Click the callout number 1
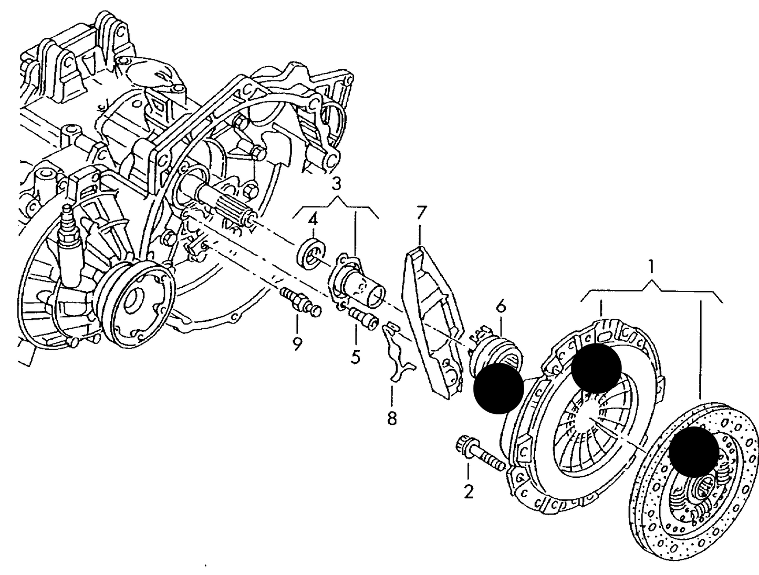[650, 267]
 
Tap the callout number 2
[469, 492]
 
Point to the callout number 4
[313, 219]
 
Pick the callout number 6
[501, 306]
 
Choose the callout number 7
[421, 213]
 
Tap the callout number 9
[297, 344]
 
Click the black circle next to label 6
[498, 389]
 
